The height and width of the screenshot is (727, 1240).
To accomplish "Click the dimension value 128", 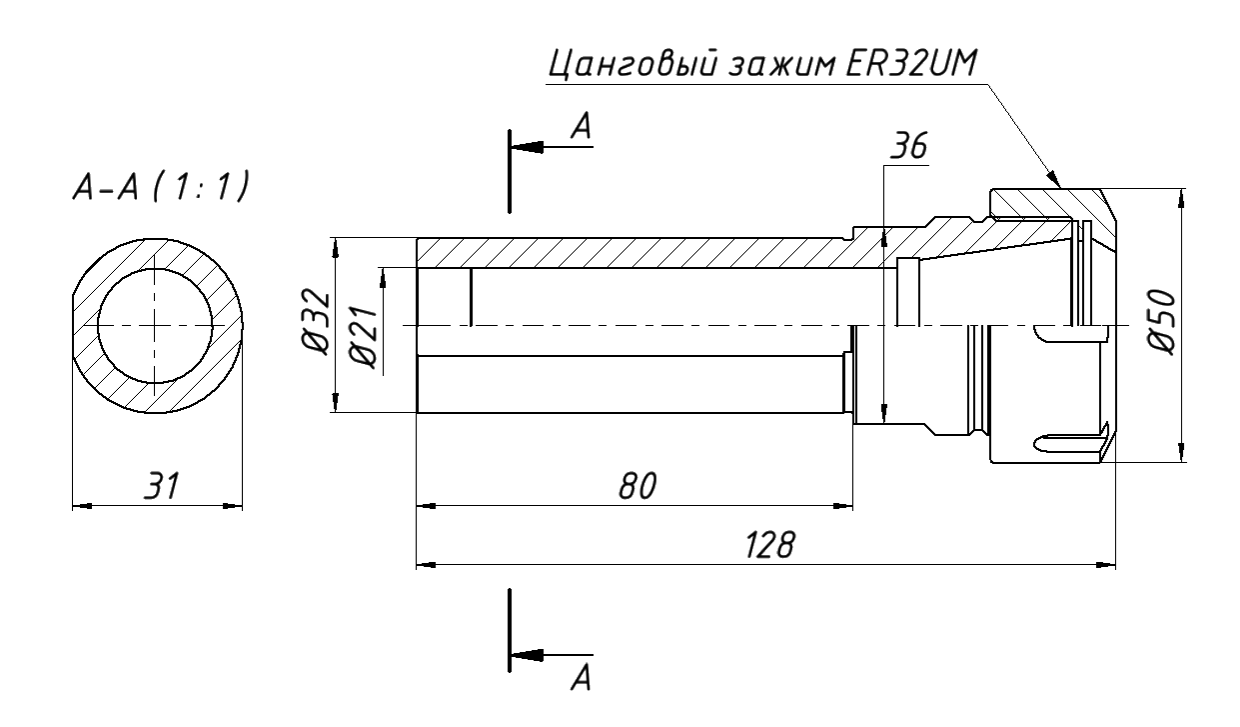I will tap(769, 546).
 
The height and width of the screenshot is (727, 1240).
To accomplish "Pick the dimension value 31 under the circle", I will tap(159, 487).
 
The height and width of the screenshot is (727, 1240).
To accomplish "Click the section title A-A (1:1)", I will tap(159, 188).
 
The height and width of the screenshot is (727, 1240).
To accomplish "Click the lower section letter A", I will tap(582, 681).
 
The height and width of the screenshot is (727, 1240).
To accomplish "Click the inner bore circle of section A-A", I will tap(155, 326).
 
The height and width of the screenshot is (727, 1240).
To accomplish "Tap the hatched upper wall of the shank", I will tap(639, 253).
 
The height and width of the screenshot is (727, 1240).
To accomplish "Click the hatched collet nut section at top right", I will tap(1039, 202).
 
